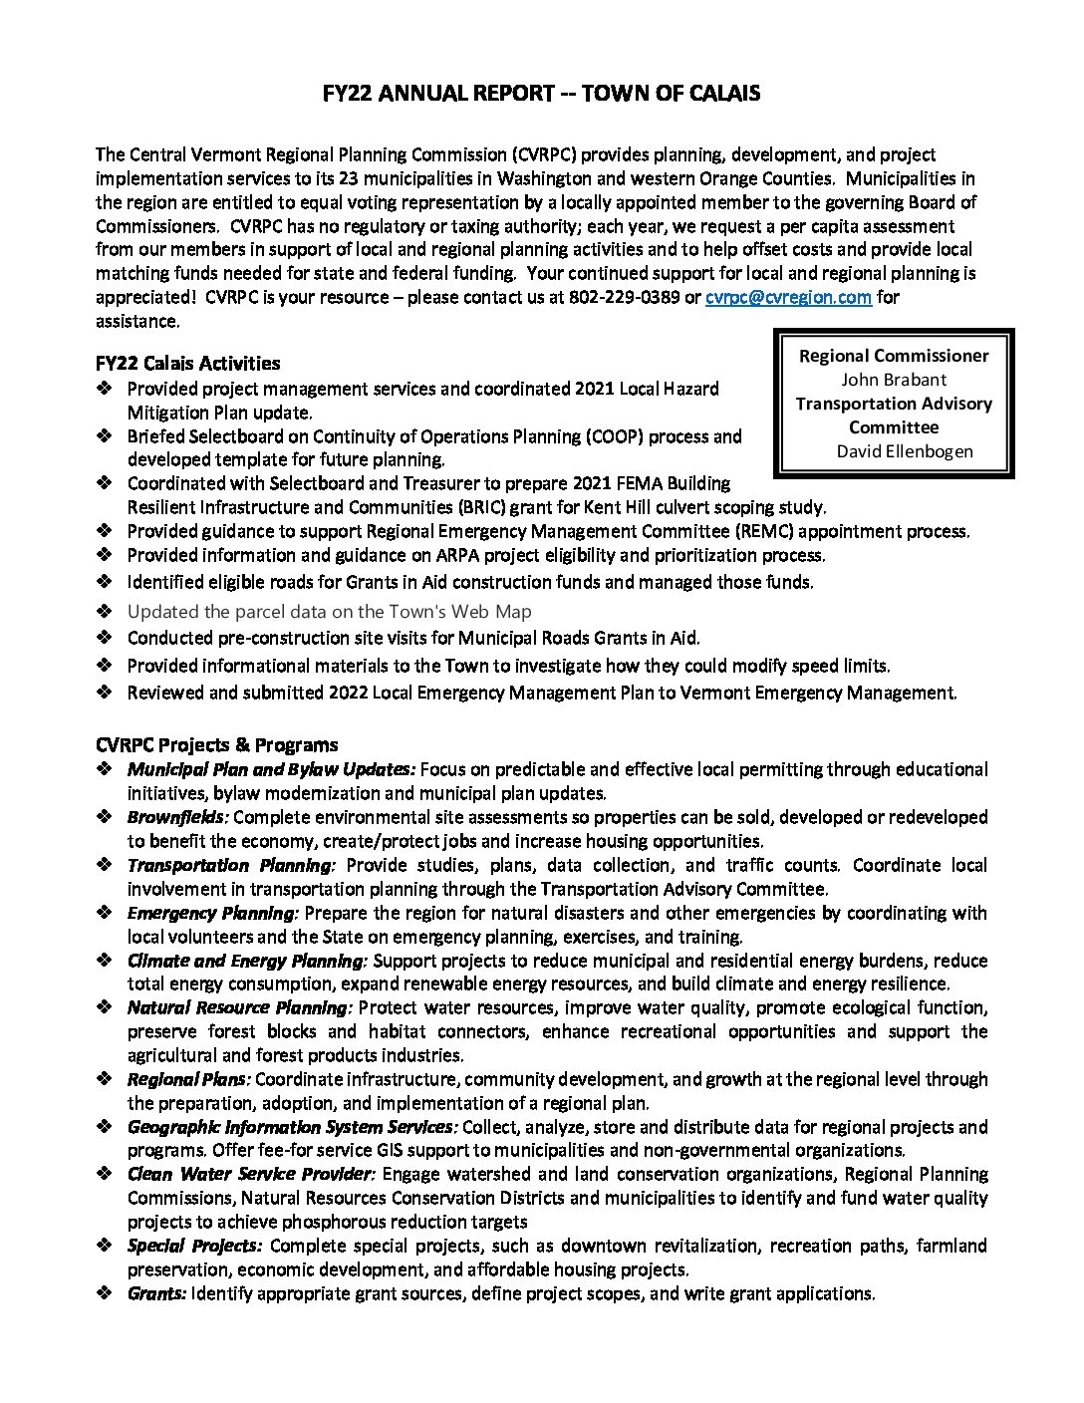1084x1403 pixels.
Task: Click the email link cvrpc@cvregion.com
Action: coord(788,297)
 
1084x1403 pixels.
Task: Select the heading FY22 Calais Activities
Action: coord(188,363)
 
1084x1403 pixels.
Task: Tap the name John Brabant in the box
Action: coord(894,380)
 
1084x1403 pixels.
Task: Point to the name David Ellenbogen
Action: coord(905,451)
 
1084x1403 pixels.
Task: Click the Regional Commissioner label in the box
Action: coord(894,356)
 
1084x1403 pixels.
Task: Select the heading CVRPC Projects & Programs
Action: coord(217,744)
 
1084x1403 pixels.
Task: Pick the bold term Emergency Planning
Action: coord(212,913)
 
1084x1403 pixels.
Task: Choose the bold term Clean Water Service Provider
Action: coord(250,1174)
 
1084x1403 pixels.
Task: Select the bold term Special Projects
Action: coord(194,1246)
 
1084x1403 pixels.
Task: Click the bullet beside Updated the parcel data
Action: coord(106,612)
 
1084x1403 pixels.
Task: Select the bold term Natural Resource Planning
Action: coord(239,1007)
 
